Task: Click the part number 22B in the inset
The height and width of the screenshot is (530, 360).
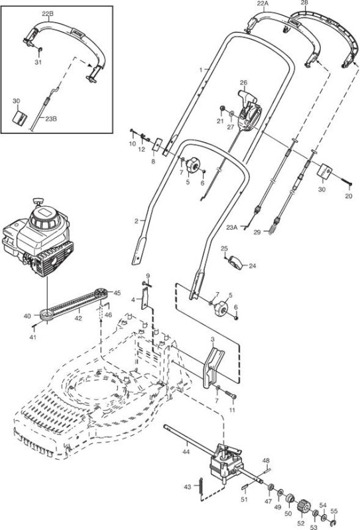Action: [48, 14]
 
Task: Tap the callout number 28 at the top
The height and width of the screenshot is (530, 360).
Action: [304, 3]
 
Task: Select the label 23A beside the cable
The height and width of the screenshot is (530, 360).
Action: [231, 227]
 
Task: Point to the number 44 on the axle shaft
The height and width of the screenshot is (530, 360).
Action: [186, 452]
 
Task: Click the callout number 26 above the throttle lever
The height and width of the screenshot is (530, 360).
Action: [243, 82]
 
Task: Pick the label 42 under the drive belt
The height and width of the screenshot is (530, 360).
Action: [78, 318]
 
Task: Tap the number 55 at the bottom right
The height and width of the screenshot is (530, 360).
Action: [333, 511]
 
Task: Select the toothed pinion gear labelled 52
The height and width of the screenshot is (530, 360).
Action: [303, 506]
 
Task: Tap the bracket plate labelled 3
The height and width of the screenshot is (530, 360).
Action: [213, 368]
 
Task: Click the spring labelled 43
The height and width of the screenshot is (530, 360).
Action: [200, 487]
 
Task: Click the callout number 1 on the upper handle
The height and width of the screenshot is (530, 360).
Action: [201, 70]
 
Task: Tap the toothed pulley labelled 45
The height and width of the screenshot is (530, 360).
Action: [101, 293]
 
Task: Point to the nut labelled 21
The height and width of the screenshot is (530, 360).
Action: [222, 109]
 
